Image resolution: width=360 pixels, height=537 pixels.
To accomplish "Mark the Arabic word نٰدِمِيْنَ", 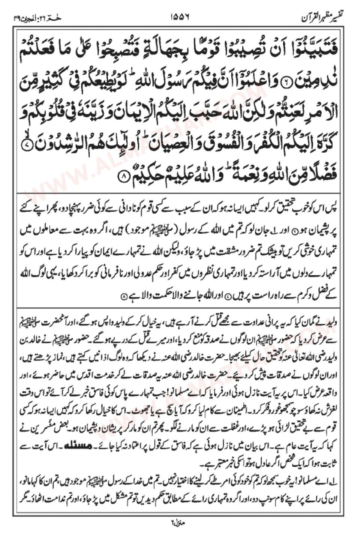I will click(x=319, y=79).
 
